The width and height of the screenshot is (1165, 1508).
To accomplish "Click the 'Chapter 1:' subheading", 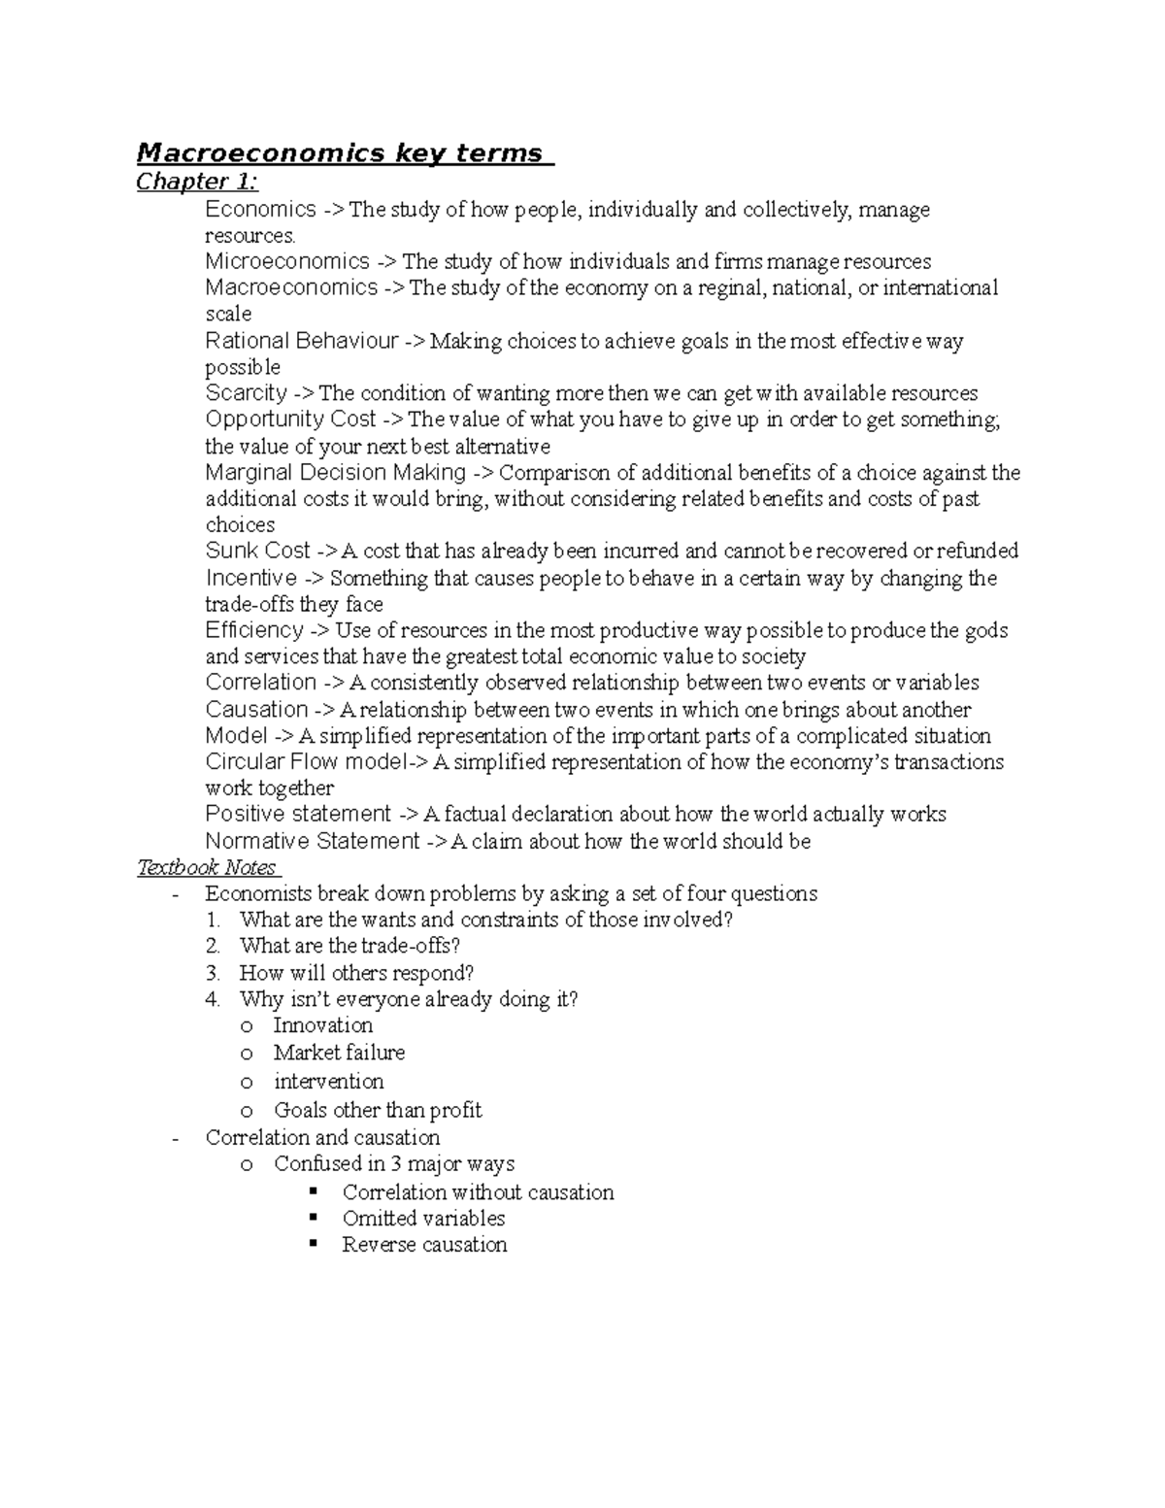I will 197,182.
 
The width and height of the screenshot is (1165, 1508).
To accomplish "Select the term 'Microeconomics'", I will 287,261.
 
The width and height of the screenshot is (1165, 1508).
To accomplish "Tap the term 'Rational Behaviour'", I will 302,341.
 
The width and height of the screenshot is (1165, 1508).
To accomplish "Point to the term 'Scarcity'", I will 247,393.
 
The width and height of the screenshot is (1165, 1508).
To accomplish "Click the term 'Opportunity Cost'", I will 290,419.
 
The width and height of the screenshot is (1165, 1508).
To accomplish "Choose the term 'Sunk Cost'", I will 258,551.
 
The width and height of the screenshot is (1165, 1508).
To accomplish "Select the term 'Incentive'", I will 251,578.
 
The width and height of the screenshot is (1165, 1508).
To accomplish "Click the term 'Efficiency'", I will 254,630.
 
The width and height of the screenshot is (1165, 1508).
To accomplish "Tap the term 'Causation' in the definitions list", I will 256,710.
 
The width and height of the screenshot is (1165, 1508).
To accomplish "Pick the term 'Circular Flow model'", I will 305,762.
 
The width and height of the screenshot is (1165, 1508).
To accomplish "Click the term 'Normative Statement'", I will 313,841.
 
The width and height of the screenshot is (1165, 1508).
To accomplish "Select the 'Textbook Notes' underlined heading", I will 207,867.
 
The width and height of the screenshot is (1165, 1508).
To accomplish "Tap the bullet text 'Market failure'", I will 339,1053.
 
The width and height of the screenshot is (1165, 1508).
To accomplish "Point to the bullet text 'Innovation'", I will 322,1025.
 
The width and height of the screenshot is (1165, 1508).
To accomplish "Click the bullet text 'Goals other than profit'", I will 378,1110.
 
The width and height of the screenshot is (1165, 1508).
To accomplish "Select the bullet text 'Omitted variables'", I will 423,1218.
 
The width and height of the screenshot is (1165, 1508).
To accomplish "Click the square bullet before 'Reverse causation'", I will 313,1243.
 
